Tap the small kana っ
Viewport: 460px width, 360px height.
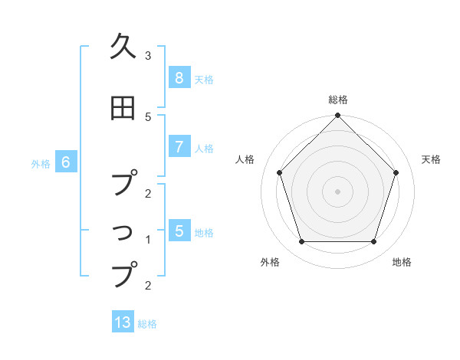coord(124,231)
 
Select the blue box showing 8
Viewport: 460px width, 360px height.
coord(179,78)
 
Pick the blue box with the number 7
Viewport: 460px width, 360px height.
coord(179,147)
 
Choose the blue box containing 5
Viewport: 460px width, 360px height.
coord(179,231)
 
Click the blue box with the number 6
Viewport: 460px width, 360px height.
coord(66,162)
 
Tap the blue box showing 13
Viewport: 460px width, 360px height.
coord(123,322)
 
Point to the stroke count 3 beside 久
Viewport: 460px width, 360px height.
coord(148,56)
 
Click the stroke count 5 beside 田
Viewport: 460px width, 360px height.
coord(148,117)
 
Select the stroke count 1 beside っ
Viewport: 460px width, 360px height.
coord(148,240)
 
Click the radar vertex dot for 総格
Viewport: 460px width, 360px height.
coord(337,116)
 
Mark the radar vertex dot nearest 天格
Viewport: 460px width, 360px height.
coord(396,172)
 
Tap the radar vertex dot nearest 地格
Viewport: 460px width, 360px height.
coord(373,241)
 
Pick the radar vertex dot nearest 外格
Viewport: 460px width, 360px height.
coord(301,241)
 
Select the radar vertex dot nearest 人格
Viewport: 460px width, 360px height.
coord(279,172)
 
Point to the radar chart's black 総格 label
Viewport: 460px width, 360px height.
coord(337,100)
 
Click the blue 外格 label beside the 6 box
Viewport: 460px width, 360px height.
coord(41,163)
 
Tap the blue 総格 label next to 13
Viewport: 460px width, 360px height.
coord(147,324)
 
